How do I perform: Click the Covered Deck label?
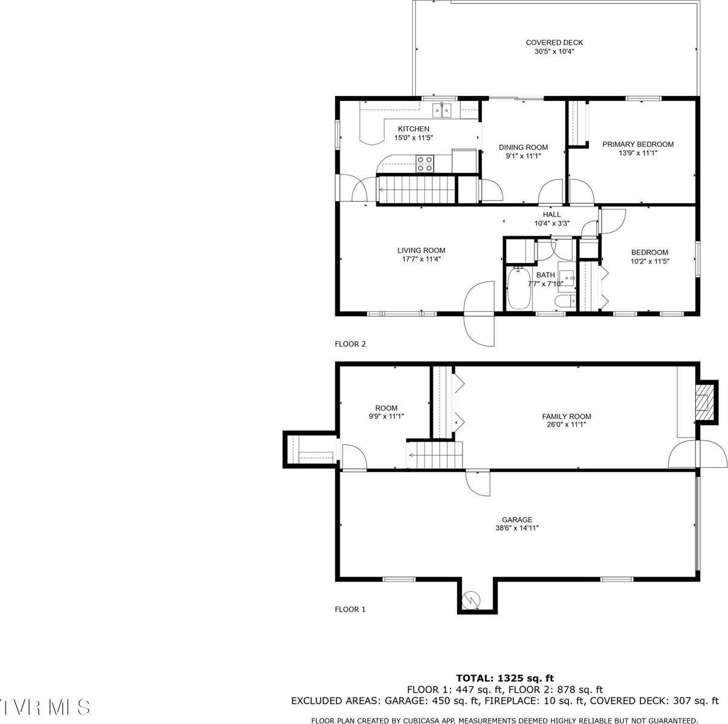pos(554,42)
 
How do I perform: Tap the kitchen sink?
pos(441,110)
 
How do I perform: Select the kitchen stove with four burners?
pos(424,164)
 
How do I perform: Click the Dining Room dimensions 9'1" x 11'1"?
pos(523,156)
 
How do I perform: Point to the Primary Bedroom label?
pos(637,144)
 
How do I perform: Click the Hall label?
pos(551,215)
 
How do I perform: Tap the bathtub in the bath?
pos(519,289)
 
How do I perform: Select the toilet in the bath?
pos(564,302)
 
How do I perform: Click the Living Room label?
pos(421,250)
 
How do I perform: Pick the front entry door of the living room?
pos(479,314)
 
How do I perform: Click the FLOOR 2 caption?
pos(350,344)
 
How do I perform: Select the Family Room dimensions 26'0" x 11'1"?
pos(566,425)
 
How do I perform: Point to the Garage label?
pos(517,519)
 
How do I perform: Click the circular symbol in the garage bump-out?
pos(470,600)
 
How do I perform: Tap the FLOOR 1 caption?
pos(350,610)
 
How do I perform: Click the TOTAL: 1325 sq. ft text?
pos(504,678)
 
